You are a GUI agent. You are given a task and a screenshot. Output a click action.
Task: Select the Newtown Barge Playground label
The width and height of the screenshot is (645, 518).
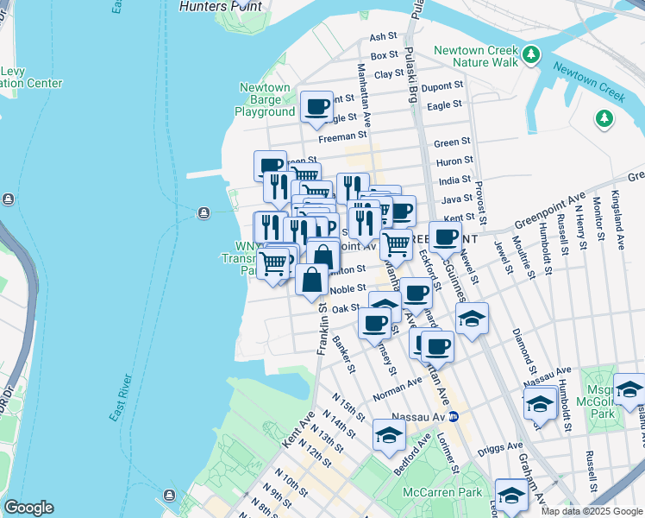(x=265, y=100)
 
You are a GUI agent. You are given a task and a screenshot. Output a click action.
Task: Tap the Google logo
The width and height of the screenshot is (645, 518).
(x=29, y=507)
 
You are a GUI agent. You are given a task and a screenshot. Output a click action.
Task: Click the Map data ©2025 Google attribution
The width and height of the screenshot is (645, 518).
(x=592, y=511)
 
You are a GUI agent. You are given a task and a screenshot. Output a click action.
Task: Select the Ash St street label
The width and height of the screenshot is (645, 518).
(x=382, y=37)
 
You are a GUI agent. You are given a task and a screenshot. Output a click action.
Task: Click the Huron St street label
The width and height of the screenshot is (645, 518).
(x=456, y=161)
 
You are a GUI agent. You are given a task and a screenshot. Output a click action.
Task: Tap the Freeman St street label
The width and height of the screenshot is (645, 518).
(x=336, y=136)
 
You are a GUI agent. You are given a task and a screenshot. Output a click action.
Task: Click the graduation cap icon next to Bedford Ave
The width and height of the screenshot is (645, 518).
(x=390, y=434)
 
